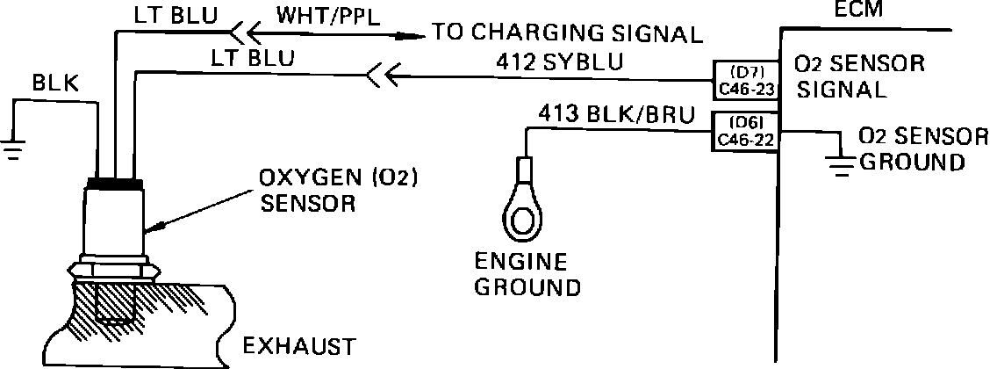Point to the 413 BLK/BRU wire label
click(614, 114)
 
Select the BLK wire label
click(55, 83)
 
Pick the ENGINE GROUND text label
click(525, 274)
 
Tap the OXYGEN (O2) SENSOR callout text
click(336, 191)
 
